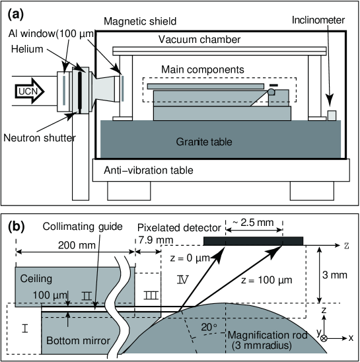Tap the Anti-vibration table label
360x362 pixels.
[x=149, y=170]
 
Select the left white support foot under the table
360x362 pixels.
[x=129, y=190]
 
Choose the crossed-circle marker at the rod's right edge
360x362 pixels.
[x=324, y=338]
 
